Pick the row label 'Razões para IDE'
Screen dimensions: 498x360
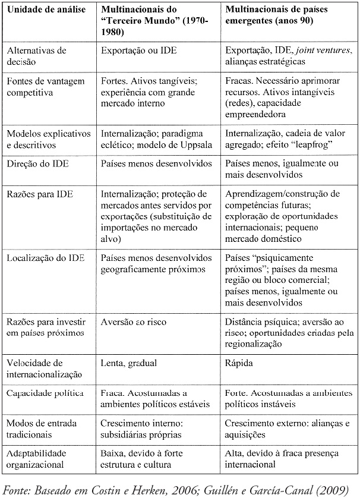tap(36, 194)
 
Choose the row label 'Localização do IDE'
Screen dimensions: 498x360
tap(42, 259)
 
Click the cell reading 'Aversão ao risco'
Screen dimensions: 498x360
tap(134, 322)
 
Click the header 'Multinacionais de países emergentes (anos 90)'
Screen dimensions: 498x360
tap(277, 15)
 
